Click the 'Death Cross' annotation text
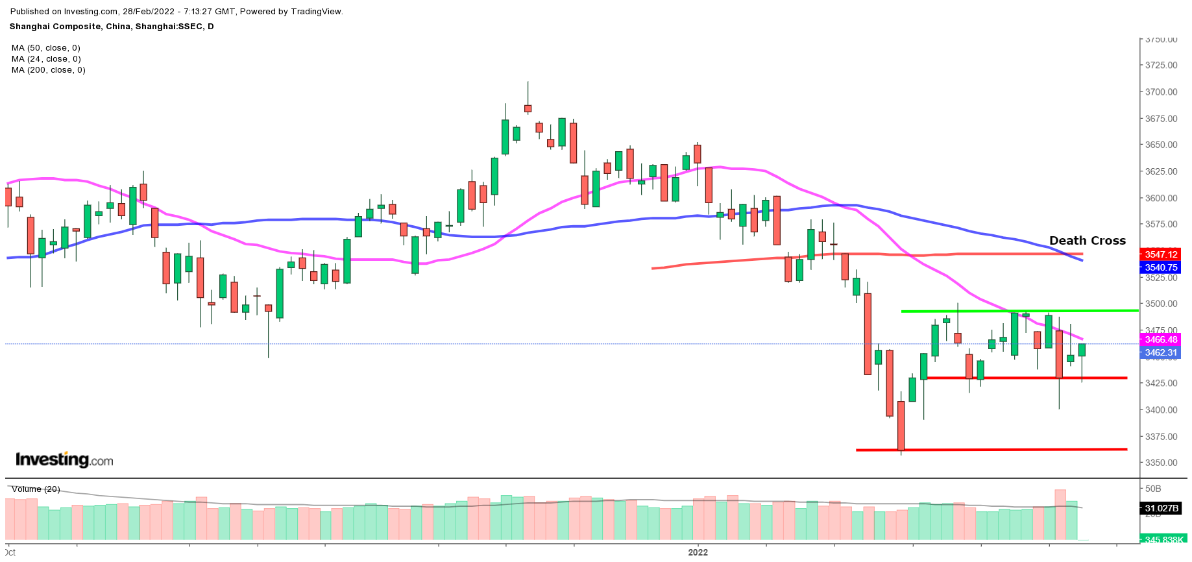click(x=1087, y=241)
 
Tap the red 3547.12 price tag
click(x=1160, y=254)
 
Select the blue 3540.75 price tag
click(x=1160, y=267)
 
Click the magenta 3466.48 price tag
click(x=1160, y=339)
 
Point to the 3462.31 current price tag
click(x=1160, y=353)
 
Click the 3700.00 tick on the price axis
click(x=1161, y=92)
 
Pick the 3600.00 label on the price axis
click(x=1161, y=198)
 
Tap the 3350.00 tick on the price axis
click(x=1161, y=463)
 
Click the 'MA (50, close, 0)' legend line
click(x=46, y=48)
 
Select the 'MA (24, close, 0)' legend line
click(x=46, y=59)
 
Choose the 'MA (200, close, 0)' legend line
click(x=49, y=70)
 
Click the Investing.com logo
click(x=64, y=460)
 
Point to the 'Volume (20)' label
click(x=36, y=489)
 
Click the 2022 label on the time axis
click(x=698, y=552)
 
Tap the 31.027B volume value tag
click(x=1161, y=508)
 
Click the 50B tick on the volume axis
click(x=1153, y=489)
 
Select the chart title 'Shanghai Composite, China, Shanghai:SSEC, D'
click(x=112, y=27)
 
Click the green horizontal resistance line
click(x=1019, y=311)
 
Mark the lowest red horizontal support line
click(x=991, y=449)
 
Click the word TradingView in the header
click(x=317, y=12)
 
